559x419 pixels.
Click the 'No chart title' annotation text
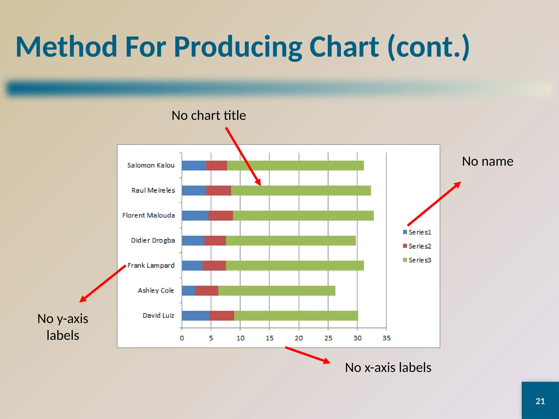(x=209, y=115)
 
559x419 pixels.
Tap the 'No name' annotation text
(x=487, y=161)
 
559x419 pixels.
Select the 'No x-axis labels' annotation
(x=388, y=367)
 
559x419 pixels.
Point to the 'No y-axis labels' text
(x=63, y=327)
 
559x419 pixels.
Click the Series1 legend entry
(x=417, y=232)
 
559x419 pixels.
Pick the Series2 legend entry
(x=417, y=246)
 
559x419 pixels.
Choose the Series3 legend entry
(x=417, y=260)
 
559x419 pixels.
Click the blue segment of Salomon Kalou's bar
(x=194, y=166)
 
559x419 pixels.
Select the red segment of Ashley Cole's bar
(x=206, y=291)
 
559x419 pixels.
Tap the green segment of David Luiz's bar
(x=296, y=316)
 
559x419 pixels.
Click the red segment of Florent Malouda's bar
(x=220, y=216)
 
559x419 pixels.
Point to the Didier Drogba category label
(x=153, y=240)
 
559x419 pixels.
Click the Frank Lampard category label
(x=151, y=265)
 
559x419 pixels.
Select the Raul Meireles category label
(x=153, y=190)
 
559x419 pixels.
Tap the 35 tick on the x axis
(x=386, y=338)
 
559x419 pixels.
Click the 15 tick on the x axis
(x=269, y=338)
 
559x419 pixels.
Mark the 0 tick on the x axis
(x=182, y=338)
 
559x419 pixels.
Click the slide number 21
(x=540, y=401)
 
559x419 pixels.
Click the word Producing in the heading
(x=238, y=47)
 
